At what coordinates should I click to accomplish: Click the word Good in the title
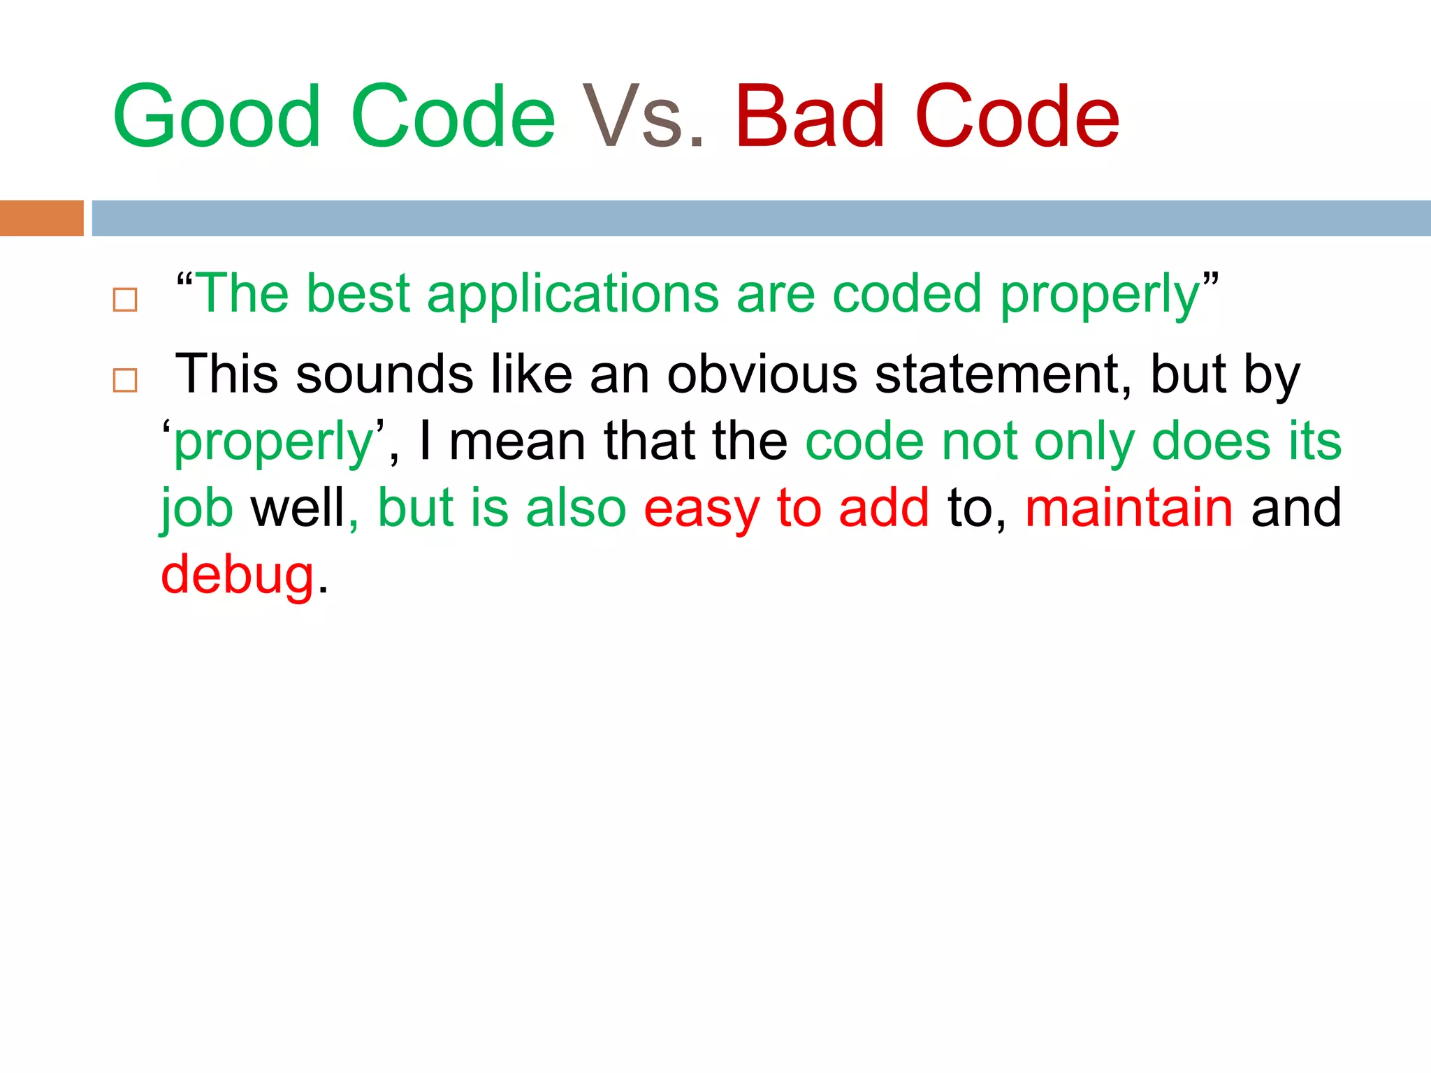pos(217,117)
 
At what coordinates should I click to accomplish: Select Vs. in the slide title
pos(644,117)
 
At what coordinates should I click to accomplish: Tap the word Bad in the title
pos(810,117)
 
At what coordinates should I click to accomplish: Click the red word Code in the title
pos(1017,117)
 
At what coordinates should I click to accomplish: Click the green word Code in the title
pos(453,117)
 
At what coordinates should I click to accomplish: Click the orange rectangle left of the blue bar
pos(41,218)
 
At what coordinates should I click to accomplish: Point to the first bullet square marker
pos(125,300)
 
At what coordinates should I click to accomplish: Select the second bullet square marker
pos(125,381)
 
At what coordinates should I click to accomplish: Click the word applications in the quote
pos(573,293)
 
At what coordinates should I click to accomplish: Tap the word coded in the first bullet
pos(908,293)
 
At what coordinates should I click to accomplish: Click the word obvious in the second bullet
pos(762,374)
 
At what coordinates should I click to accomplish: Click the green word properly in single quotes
pos(274,443)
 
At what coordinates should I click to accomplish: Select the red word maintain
pos(1129,508)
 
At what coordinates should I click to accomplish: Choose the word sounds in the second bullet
pos(384,374)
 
